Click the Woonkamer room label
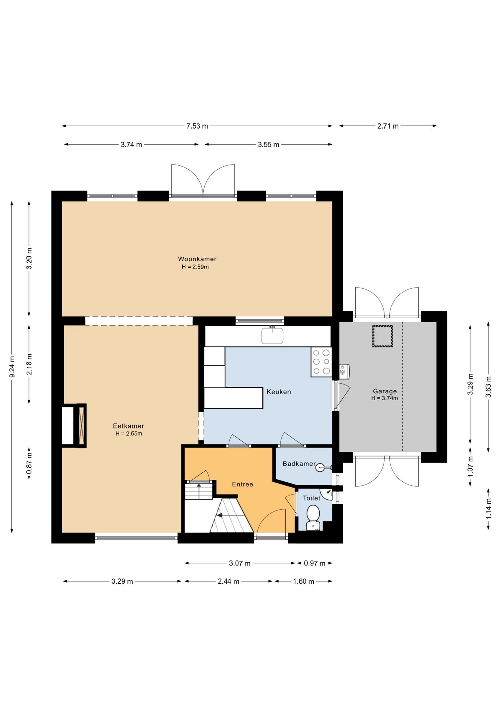pos(197,259)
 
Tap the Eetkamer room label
pos(128,426)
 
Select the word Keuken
pos(279,392)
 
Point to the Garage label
pos(385,391)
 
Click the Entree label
pos(242,484)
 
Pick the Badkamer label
pos(299,464)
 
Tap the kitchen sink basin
pos(272,335)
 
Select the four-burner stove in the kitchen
pos(321,362)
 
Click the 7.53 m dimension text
pos(197,126)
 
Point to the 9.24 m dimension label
pos(12,367)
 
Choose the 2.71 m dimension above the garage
pos(388,126)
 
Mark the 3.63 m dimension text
pos(489,387)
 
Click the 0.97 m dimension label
pos(314,563)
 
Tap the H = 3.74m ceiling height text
pos(384,398)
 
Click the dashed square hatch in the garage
pos(383,336)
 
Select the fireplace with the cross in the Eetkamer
pos(81,426)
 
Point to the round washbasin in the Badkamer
pos(320,468)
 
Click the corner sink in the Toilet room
pos(327,493)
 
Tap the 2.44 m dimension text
pos(228,581)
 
